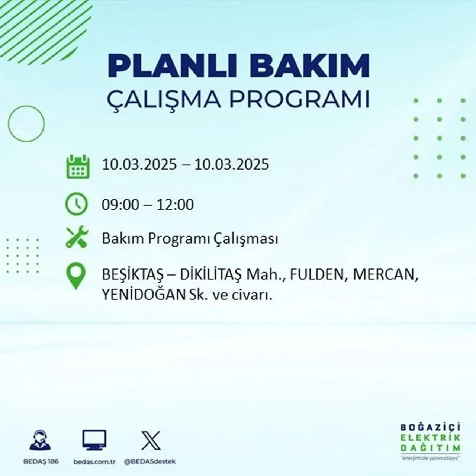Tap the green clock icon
(76, 205)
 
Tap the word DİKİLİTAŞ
(210, 276)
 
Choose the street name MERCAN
(383, 276)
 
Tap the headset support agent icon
(40, 441)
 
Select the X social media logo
(151, 441)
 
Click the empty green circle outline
(26, 123)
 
